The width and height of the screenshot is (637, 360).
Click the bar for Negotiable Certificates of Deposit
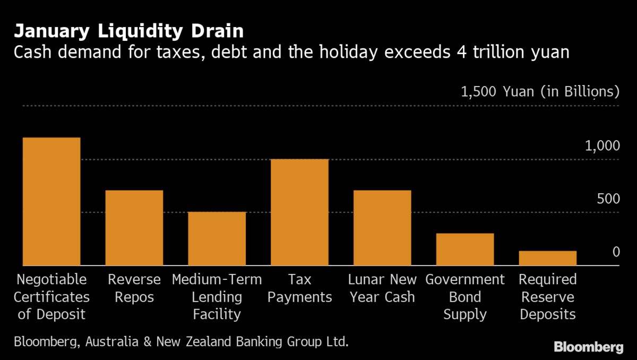point(51,202)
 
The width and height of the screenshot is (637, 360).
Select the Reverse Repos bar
point(134,228)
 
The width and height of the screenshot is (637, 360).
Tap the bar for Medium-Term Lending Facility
point(217,239)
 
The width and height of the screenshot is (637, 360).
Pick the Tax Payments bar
point(300,212)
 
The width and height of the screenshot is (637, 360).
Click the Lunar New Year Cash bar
point(383,228)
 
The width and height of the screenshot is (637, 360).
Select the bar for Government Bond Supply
point(465,250)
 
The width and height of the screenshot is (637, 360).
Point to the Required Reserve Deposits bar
point(548,258)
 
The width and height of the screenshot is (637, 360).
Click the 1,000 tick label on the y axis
point(602,145)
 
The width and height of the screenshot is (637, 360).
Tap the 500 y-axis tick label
point(608,199)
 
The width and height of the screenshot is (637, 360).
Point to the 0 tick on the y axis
point(616,252)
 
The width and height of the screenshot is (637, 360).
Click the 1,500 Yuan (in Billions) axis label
point(540,92)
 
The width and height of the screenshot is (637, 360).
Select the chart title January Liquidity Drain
point(128,31)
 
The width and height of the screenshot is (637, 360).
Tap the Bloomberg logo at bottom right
point(588,347)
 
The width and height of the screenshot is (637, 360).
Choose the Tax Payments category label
point(300,288)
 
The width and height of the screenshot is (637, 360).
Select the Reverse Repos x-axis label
point(134,288)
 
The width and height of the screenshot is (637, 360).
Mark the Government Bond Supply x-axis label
point(465,297)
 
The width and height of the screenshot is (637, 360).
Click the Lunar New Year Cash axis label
point(383,288)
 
